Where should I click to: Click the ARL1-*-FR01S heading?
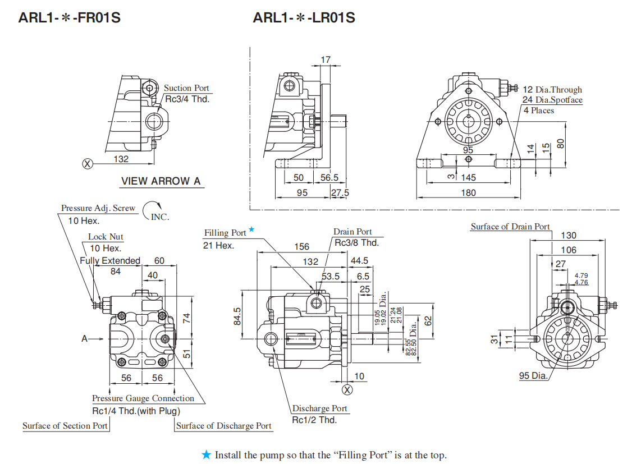tap(69, 18)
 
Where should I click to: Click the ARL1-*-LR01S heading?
tap(304, 18)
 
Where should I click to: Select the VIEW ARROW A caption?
tap(161, 181)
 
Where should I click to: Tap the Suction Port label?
tap(186, 88)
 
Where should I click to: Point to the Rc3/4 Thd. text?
tap(187, 99)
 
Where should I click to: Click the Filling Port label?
tap(225, 233)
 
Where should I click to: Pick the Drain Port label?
tap(352, 232)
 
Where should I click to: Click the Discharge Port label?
tap(319, 408)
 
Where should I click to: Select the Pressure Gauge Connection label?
tap(143, 398)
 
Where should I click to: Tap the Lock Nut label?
tap(106, 237)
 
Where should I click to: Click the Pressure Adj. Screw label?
tap(98, 208)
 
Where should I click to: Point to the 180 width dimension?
tap(468, 192)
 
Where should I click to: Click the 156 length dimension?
tap(301, 247)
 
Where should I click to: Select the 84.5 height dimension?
tap(237, 316)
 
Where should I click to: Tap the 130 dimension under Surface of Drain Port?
tap(568, 236)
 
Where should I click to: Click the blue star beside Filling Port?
tap(252, 229)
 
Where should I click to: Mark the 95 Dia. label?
tap(533, 375)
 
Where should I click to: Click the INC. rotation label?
tap(160, 217)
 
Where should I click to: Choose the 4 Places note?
tap(539, 111)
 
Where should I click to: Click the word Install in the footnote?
tap(228, 455)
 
